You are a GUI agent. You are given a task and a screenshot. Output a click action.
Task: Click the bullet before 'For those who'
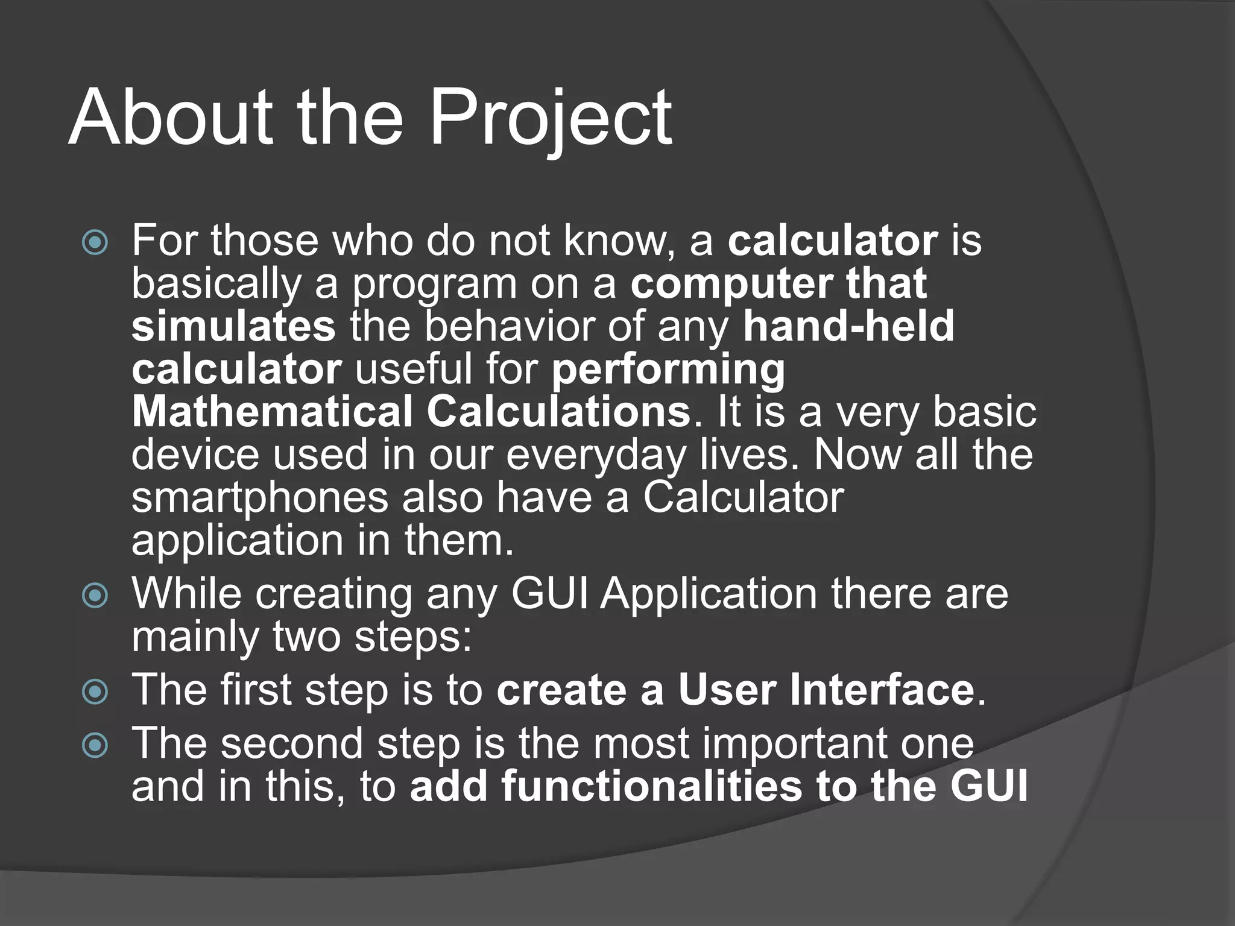point(95,243)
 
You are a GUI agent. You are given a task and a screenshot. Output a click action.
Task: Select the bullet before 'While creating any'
point(95,596)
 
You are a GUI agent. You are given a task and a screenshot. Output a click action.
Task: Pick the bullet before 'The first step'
point(95,692)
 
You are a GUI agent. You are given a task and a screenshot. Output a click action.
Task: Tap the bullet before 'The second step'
point(95,746)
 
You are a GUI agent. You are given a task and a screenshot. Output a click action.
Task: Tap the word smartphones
point(259,498)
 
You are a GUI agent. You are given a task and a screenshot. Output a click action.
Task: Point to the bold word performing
point(668,370)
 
